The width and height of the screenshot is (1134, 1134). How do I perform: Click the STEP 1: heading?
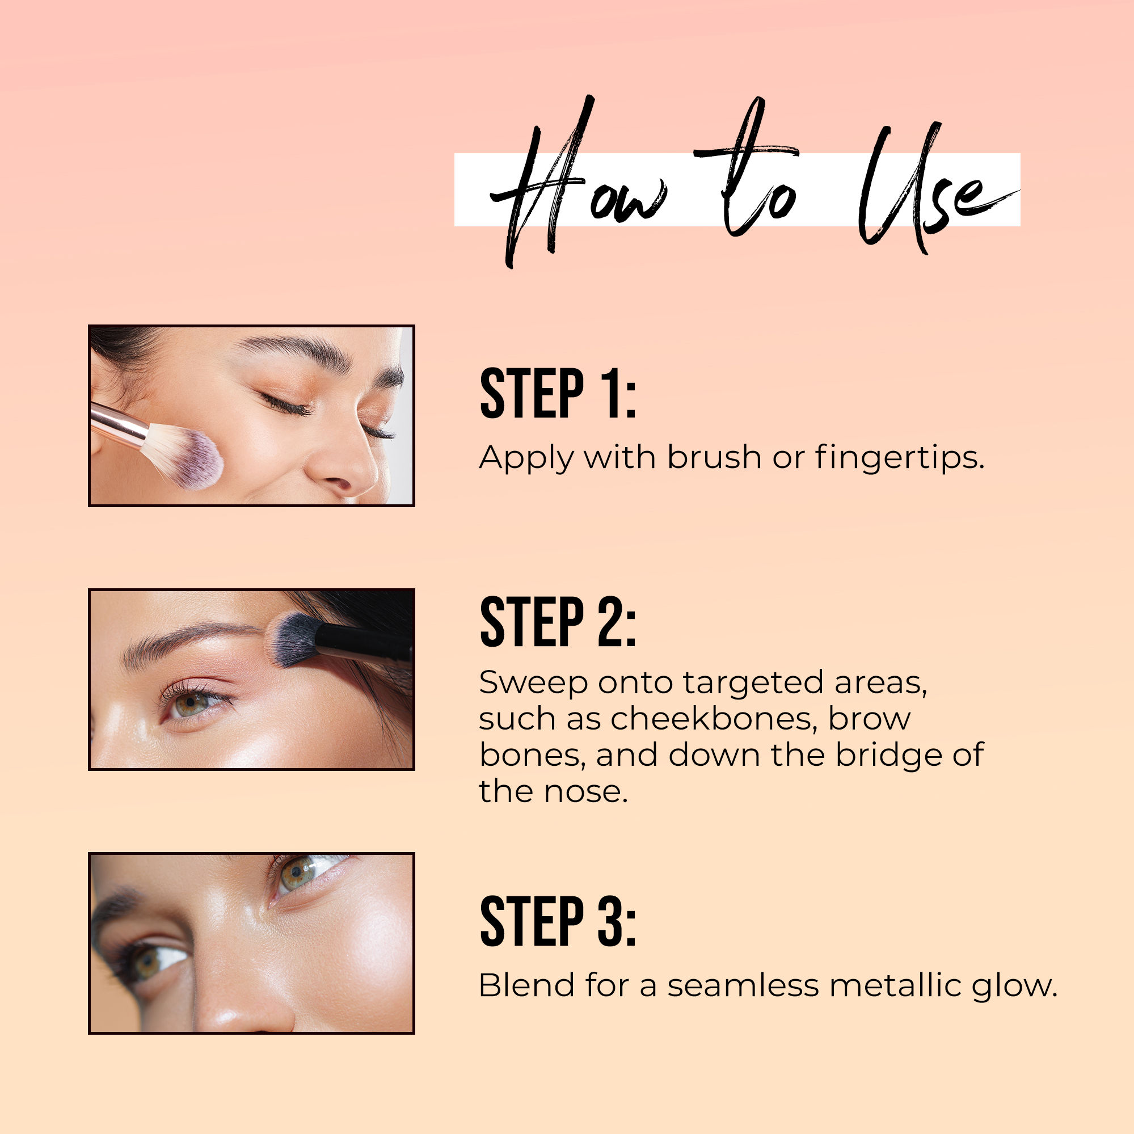pos(558,393)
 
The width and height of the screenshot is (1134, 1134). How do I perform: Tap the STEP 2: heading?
pos(558,622)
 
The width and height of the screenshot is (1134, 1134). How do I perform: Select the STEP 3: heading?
pos(558,921)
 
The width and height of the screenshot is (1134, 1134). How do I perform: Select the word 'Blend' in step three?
pos(526,985)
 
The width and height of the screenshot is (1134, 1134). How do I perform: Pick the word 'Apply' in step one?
pos(526,458)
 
